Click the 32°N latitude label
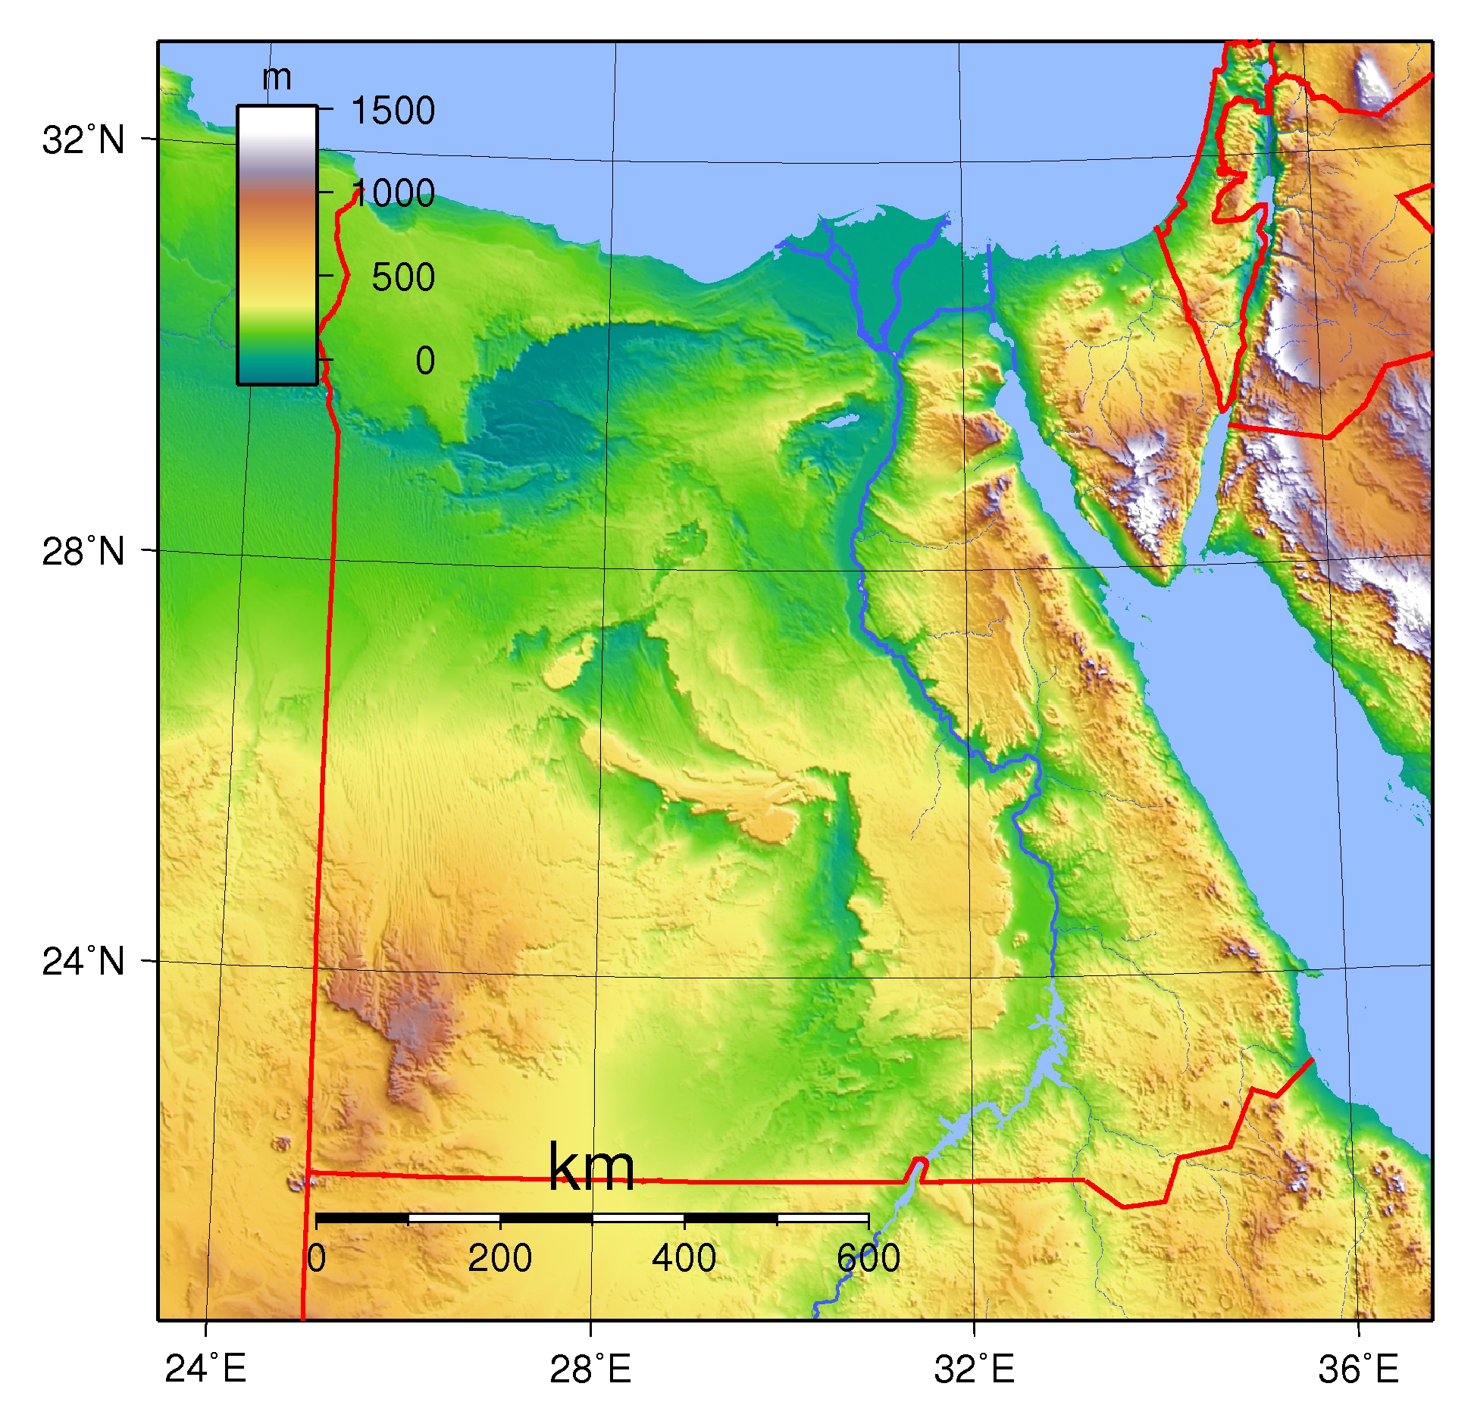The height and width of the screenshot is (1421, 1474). pyautogui.click(x=83, y=140)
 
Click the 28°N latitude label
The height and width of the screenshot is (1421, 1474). pyautogui.click(x=83, y=552)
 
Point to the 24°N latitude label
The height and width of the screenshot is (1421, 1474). pyautogui.click(x=83, y=962)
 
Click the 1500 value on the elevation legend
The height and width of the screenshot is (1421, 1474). pyautogui.click(x=393, y=111)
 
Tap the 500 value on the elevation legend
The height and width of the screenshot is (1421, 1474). pyautogui.click(x=403, y=277)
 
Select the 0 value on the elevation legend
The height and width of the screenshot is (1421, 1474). pyautogui.click(x=425, y=361)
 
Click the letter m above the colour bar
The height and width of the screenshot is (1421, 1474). pyautogui.click(x=277, y=77)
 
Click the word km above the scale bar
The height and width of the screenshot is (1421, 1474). pyautogui.click(x=591, y=1168)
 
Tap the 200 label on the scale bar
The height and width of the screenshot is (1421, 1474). pyautogui.click(x=499, y=1259)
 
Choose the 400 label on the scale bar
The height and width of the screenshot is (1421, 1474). pyautogui.click(x=684, y=1259)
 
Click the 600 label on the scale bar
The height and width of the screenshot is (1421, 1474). pyautogui.click(x=868, y=1259)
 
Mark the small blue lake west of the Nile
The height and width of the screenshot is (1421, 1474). pyautogui.click(x=837, y=420)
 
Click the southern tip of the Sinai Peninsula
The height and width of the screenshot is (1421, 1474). pyautogui.click(x=1167, y=580)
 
